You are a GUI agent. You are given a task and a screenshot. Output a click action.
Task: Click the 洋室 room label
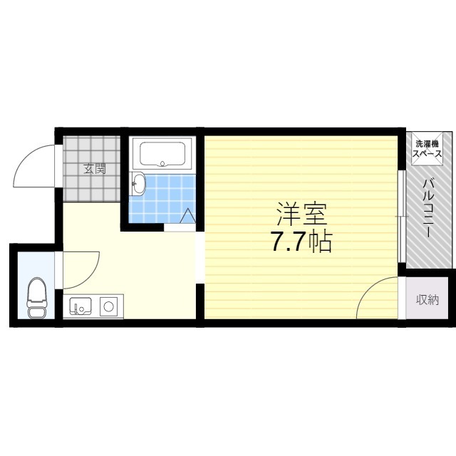click(301, 214)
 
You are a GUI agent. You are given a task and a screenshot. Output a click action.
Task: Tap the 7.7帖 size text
click(301, 243)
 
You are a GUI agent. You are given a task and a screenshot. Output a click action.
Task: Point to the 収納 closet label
click(427, 300)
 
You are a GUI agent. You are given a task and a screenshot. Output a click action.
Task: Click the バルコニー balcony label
click(428, 210)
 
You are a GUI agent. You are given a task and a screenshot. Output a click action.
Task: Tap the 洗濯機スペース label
click(428, 150)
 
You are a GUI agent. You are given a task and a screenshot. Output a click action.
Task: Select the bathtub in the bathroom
click(162, 153)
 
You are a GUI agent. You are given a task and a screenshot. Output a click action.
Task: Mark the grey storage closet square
click(427, 300)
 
